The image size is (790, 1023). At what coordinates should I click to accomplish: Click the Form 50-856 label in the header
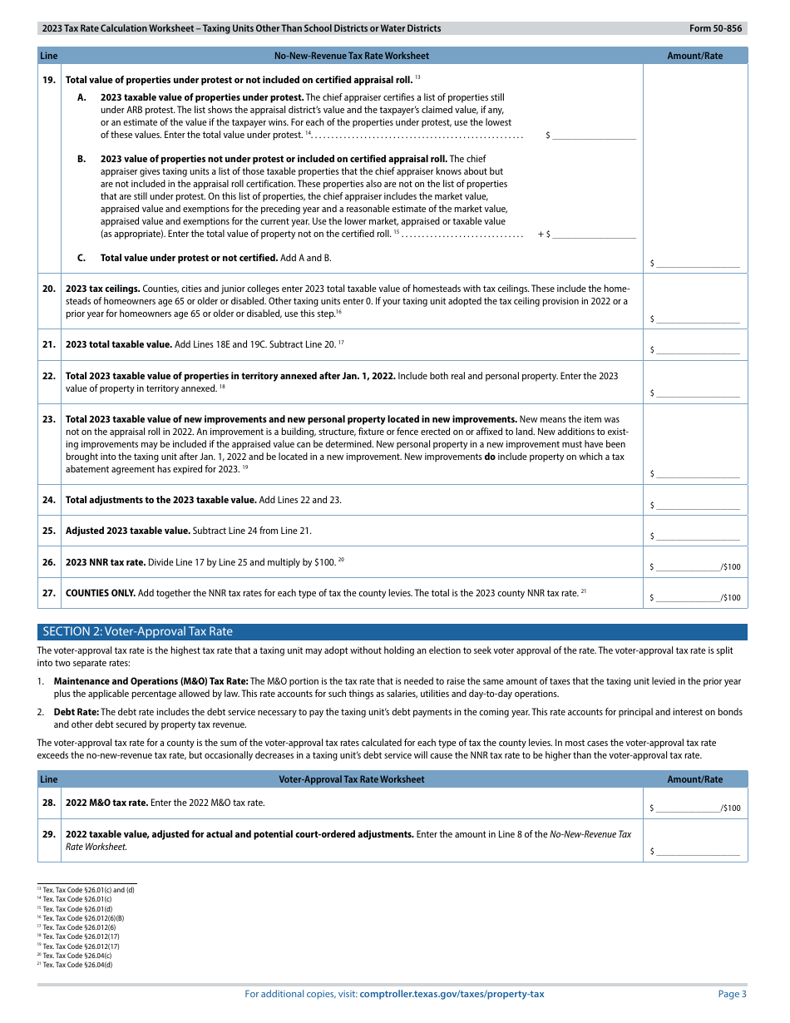(x=715, y=28)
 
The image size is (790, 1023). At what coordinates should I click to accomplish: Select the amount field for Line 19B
(x=594, y=234)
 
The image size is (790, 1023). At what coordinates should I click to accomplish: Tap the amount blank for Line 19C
(x=698, y=263)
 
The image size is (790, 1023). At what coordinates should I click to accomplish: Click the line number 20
(x=49, y=289)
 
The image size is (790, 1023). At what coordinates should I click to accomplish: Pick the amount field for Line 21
(x=698, y=350)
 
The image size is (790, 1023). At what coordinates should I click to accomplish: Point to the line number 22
(x=49, y=376)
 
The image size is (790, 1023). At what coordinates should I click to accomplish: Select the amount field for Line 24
(x=698, y=505)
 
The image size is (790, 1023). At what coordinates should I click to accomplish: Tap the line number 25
(x=49, y=531)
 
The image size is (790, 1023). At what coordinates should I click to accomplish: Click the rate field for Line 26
(x=689, y=566)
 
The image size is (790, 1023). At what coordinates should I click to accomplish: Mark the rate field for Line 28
(x=689, y=807)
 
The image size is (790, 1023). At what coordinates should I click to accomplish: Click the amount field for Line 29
(x=698, y=851)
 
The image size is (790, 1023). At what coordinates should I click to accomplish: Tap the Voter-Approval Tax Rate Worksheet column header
(x=351, y=779)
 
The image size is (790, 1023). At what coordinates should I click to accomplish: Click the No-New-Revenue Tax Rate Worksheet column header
(x=351, y=56)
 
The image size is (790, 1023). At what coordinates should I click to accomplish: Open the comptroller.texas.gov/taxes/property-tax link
(x=452, y=994)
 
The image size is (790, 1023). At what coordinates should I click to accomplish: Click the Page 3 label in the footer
(x=732, y=994)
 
